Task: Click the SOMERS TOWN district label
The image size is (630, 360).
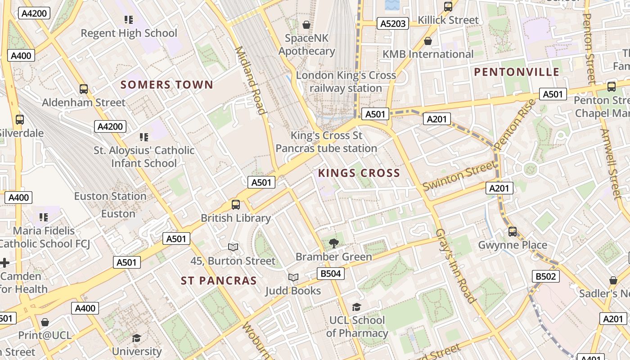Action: (x=166, y=85)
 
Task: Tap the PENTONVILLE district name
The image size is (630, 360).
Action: (x=517, y=72)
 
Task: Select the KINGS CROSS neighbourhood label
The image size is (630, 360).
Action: (x=359, y=173)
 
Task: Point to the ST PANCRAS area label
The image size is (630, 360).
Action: (x=219, y=281)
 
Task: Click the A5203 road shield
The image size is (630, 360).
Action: (x=393, y=24)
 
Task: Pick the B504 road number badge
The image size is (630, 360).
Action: (x=331, y=274)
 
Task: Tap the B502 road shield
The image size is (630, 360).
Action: (x=545, y=276)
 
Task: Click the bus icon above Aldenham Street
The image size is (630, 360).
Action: (x=84, y=89)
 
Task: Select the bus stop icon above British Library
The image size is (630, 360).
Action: (x=235, y=205)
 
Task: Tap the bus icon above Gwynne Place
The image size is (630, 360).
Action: (x=512, y=232)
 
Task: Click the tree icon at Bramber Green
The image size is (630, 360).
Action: (x=333, y=243)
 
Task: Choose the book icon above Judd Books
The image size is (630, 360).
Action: (x=293, y=277)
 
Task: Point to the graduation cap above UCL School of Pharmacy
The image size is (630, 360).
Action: (x=356, y=307)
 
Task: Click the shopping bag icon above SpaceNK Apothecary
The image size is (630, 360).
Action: (x=306, y=24)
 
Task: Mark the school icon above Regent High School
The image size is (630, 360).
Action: (x=129, y=20)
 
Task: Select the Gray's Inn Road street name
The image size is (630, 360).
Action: (x=455, y=265)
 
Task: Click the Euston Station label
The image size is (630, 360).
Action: (x=110, y=196)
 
